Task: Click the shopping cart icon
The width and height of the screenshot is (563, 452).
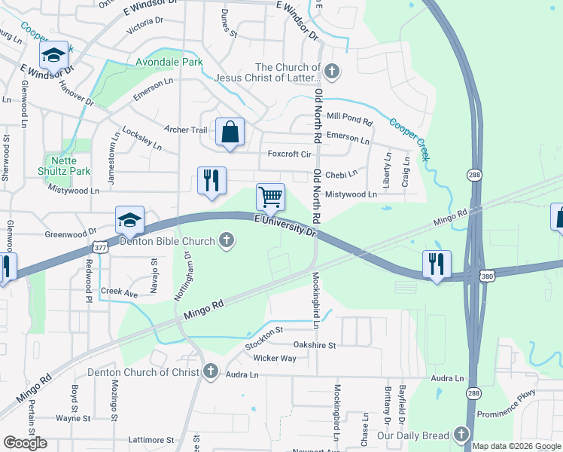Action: click(270, 197)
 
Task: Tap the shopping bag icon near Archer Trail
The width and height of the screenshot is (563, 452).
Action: click(230, 132)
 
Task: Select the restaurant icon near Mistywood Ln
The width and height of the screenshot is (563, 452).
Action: click(212, 180)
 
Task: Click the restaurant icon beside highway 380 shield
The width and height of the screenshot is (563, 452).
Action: click(437, 264)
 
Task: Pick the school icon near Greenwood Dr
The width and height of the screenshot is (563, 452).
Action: click(129, 219)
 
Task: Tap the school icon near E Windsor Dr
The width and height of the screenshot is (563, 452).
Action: click(53, 54)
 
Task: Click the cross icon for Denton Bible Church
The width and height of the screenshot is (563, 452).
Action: click(225, 241)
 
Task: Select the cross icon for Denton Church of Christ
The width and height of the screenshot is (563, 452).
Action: click(210, 371)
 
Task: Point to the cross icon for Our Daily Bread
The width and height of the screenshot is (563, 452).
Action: click(460, 435)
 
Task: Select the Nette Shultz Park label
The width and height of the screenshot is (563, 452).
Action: click(67, 166)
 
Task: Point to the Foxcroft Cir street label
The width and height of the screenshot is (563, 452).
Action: click(290, 154)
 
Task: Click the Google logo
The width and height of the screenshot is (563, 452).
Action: click(25, 443)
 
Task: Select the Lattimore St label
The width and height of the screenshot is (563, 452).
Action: click(151, 440)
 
